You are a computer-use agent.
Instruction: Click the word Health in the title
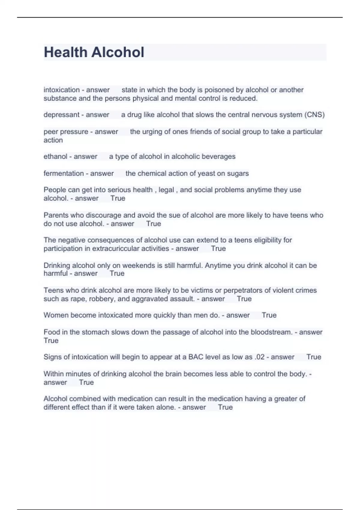[65, 52]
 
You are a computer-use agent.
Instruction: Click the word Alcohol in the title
[118, 52]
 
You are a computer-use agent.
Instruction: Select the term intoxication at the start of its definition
[61, 90]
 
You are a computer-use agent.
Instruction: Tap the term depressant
[61, 115]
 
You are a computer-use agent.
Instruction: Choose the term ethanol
[55, 157]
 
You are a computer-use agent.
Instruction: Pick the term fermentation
[64, 173]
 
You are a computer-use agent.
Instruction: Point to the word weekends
[138, 265]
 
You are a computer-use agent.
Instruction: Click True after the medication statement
[225, 407]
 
